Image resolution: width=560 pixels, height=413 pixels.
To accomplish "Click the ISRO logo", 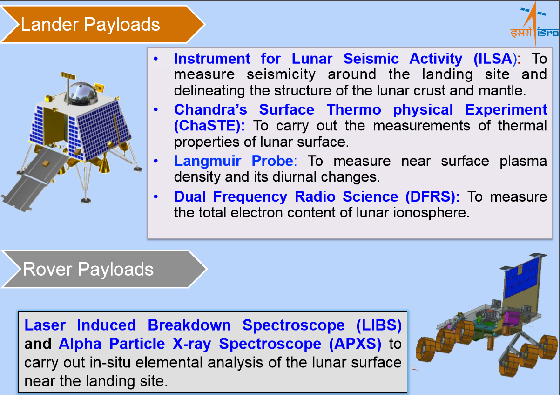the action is pyautogui.click(x=534, y=24).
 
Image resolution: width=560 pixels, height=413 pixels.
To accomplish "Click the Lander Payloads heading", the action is pyautogui.click(x=90, y=25).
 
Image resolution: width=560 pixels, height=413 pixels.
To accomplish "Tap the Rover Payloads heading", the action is pyautogui.click(x=88, y=269).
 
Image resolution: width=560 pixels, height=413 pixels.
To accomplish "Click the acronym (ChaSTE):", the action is pyautogui.click(x=209, y=126).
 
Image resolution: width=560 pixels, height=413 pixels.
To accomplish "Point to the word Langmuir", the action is pyautogui.click(x=208, y=161).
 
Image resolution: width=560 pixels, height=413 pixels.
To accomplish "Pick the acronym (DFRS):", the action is pyautogui.click(x=432, y=197).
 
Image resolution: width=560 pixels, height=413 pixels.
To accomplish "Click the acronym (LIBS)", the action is pyautogui.click(x=379, y=325).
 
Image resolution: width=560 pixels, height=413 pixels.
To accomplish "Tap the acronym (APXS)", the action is pyautogui.click(x=355, y=344).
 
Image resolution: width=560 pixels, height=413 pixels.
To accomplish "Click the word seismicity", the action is pyautogui.click(x=281, y=74).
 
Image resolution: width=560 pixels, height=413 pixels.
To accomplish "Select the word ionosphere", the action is pyautogui.click(x=431, y=213).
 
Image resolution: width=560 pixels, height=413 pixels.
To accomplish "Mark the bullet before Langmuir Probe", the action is pyautogui.click(x=156, y=161).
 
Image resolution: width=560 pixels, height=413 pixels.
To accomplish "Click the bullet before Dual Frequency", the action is pyautogui.click(x=156, y=197).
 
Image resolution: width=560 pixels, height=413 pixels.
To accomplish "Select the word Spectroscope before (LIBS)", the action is pyautogui.click(x=294, y=326).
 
